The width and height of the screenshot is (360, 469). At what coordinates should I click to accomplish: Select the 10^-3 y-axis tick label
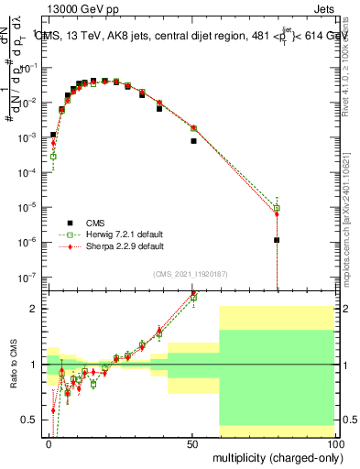(x=28, y=136)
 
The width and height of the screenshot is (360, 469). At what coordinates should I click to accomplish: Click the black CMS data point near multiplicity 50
(x=193, y=141)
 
